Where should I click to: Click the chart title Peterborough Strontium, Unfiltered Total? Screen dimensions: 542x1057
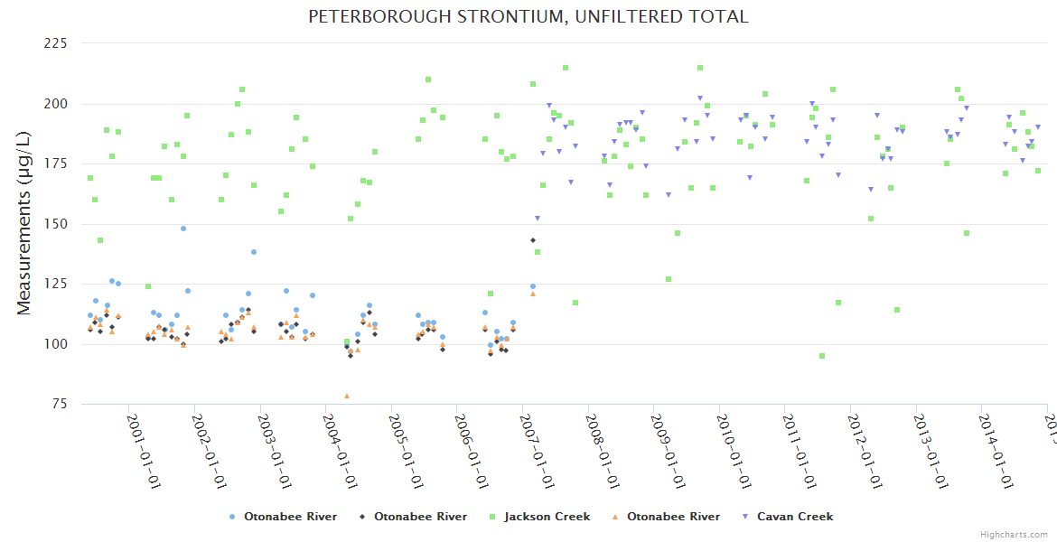coord(528,16)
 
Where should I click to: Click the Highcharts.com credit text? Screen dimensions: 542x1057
coord(1014,534)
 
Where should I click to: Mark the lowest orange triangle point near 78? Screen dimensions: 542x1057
coord(347,396)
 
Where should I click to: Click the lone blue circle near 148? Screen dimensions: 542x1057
coord(183,229)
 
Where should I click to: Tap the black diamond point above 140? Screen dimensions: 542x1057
coord(533,240)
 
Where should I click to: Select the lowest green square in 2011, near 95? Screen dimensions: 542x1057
coord(822,356)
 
